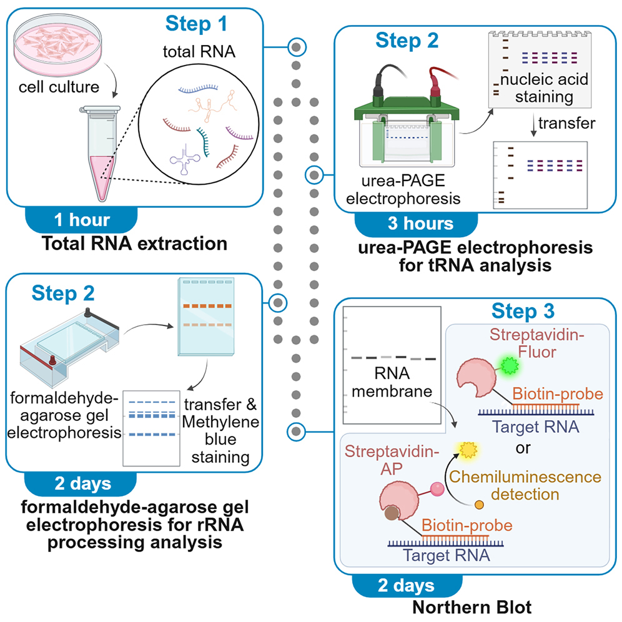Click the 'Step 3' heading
tap(524, 311)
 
